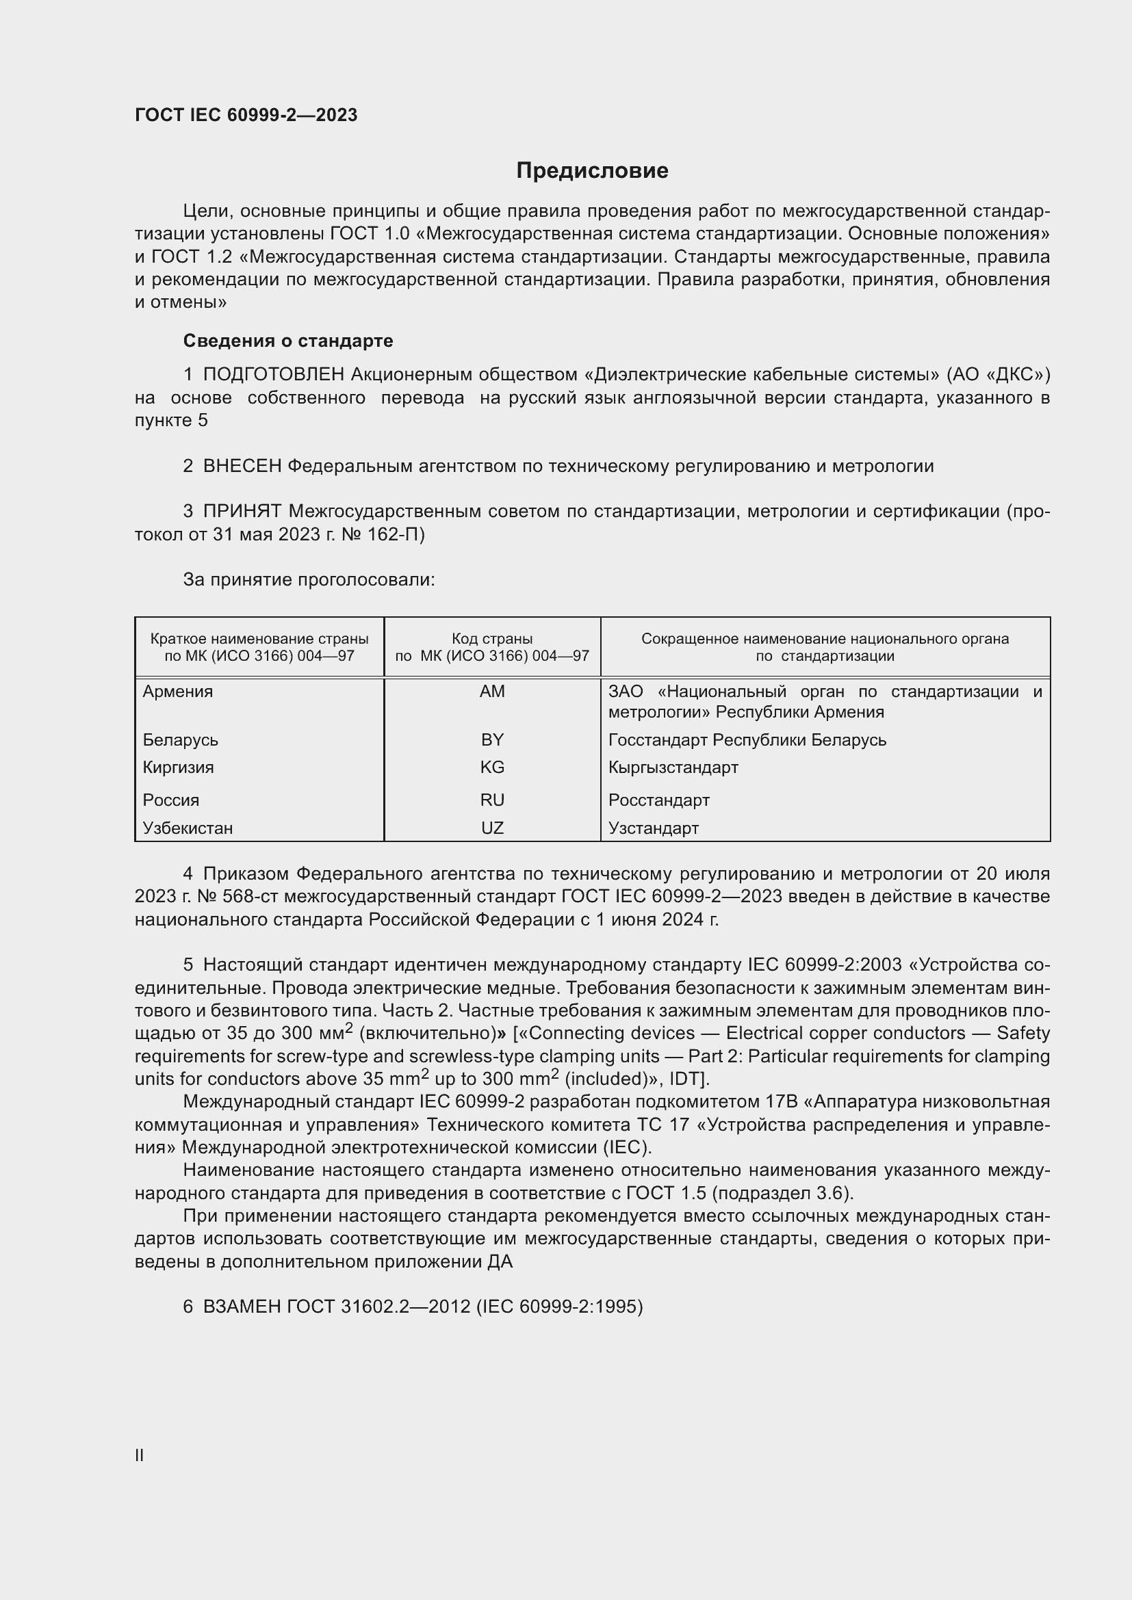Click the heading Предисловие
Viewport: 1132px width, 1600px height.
click(x=592, y=171)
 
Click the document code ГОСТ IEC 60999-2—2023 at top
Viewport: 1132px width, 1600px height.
click(x=246, y=115)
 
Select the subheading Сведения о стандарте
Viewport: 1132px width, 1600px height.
click(x=288, y=341)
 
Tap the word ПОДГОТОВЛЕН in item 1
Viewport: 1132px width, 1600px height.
click(x=274, y=375)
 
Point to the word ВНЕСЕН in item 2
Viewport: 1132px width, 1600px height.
click(x=242, y=467)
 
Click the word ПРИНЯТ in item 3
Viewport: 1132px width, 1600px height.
click(x=242, y=512)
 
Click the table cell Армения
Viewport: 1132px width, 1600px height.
click(x=178, y=692)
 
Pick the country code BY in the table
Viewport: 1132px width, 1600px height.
click(x=492, y=739)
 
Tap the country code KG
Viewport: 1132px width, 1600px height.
click(x=492, y=768)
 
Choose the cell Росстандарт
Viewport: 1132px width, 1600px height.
click(x=658, y=800)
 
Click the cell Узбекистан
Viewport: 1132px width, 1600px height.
click(x=188, y=828)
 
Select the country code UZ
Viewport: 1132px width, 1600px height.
click(x=492, y=828)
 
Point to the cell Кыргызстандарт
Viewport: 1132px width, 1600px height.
click(x=673, y=768)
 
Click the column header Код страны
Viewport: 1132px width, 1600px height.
click(x=492, y=639)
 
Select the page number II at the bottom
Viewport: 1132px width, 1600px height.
click(x=140, y=1455)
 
